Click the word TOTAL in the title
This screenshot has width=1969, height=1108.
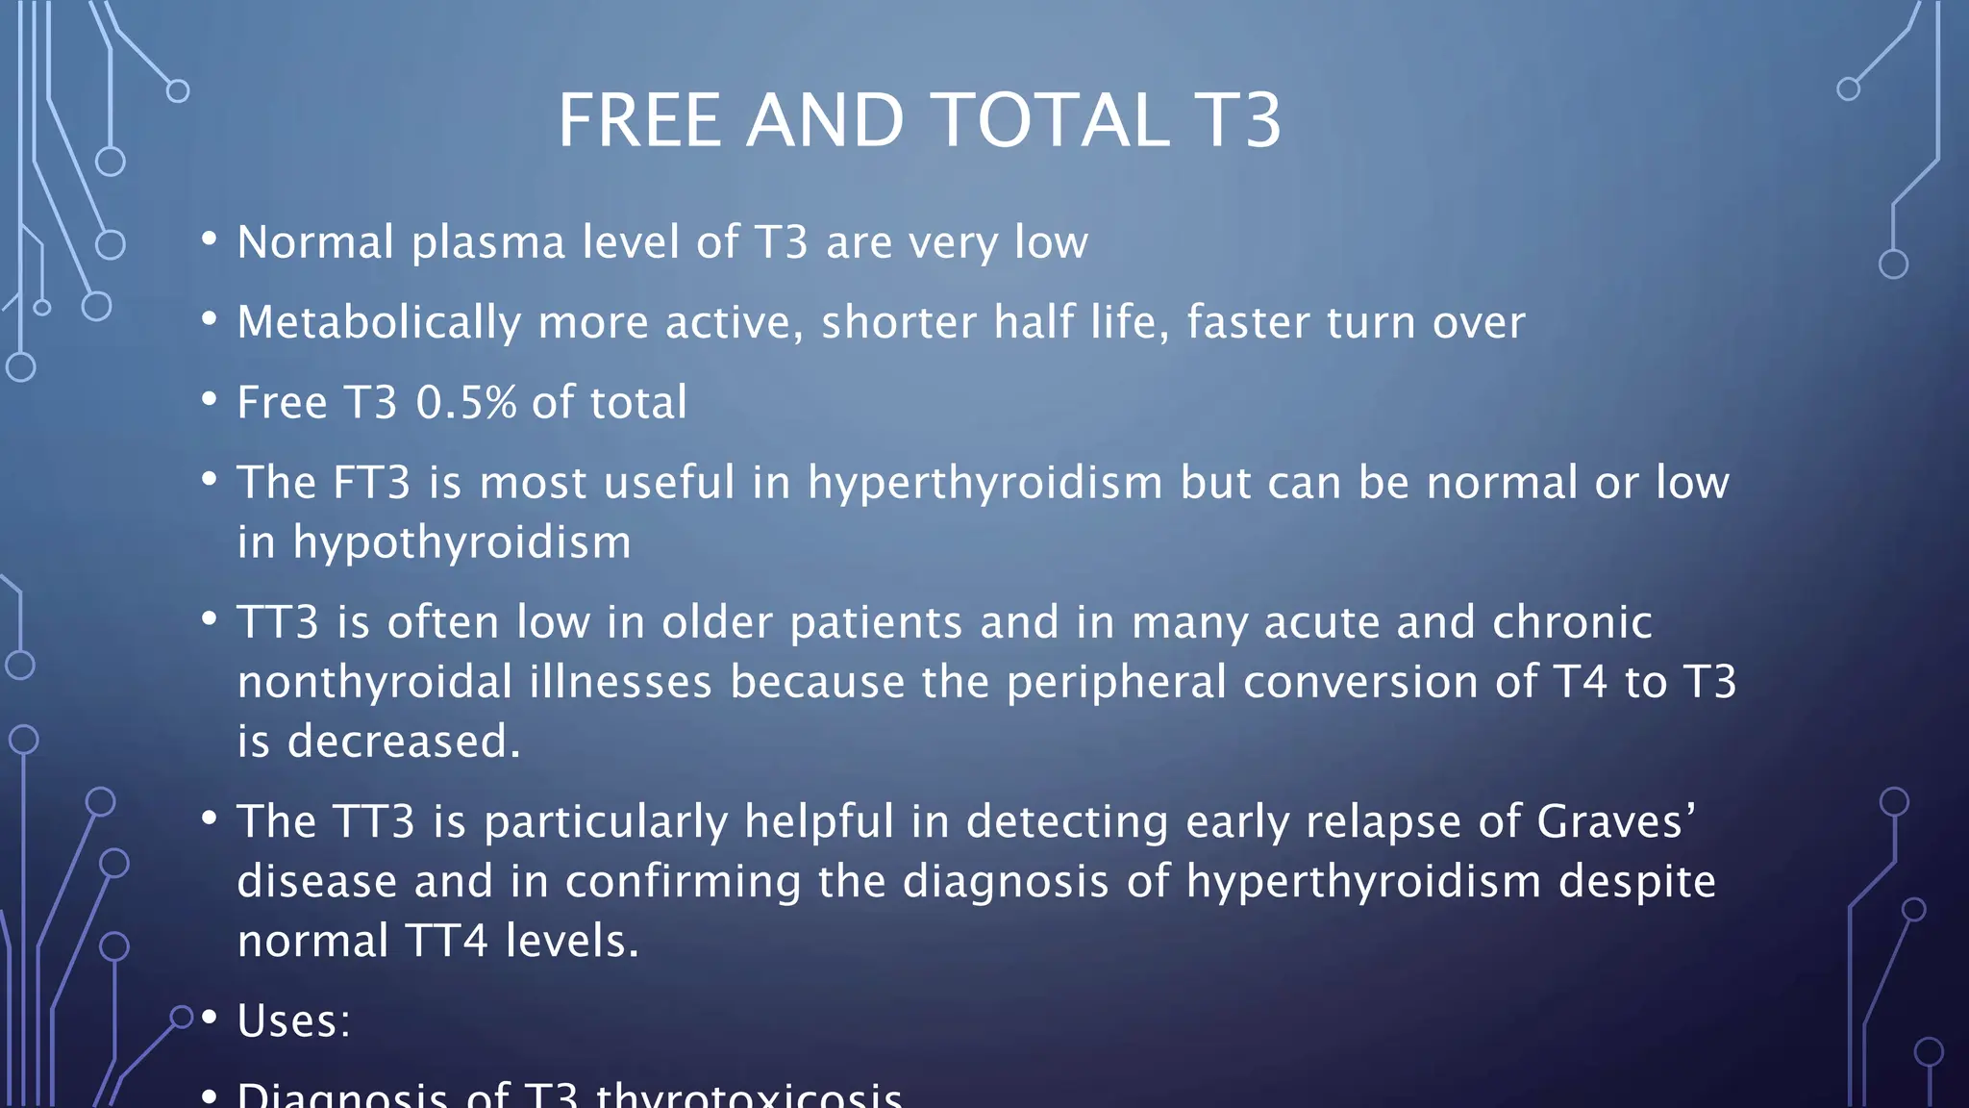coord(1051,121)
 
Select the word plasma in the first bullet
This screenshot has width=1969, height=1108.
coord(488,242)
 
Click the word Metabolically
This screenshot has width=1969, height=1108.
coord(379,322)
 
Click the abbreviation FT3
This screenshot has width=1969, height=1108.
coord(371,482)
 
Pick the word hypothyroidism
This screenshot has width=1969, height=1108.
coord(462,542)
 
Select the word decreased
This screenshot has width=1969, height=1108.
coord(404,742)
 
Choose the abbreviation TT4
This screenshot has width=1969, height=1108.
coord(447,941)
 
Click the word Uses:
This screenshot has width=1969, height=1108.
coord(294,1020)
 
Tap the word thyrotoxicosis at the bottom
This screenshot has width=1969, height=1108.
coord(749,1096)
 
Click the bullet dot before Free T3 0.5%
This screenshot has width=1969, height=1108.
coord(210,399)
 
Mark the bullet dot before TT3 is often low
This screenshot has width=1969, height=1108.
coord(210,619)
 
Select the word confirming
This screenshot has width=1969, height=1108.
coord(683,882)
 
